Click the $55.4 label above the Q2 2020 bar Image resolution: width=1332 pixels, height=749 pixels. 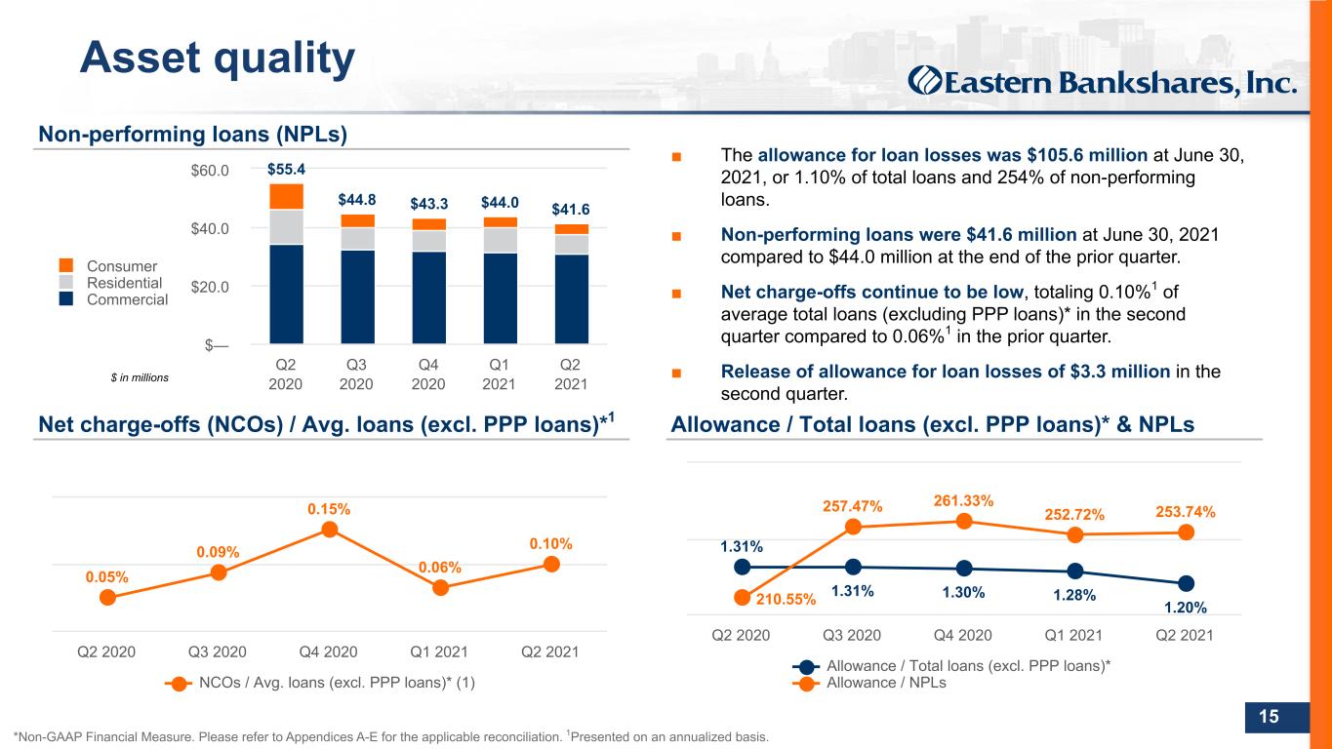click(x=286, y=170)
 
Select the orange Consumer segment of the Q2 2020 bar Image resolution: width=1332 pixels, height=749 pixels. click(x=286, y=197)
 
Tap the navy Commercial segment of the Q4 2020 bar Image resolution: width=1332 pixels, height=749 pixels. click(x=428, y=297)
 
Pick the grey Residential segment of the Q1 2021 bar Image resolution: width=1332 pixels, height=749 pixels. click(x=500, y=240)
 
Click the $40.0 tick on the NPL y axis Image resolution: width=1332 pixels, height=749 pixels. click(x=209, y=228)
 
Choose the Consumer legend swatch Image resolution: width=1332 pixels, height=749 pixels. click(x=66, y=265)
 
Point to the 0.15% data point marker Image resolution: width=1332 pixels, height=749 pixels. click(x=330, y=529)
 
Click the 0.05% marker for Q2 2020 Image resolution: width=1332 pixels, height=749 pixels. click(x=107, y=598)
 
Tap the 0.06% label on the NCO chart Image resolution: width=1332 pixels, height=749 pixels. click(x=440, y=567)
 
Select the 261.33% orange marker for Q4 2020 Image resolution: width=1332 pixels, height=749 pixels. click(x=964, y=522)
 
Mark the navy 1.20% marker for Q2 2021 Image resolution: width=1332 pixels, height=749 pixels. click(x=1186, y=583)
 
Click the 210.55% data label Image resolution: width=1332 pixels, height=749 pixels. click(x=787, y=599)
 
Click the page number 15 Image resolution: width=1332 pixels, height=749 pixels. click(x=1269, y=716)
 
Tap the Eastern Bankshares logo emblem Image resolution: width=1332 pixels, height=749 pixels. click(x=924, y=81)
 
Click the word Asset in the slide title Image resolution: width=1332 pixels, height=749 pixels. click(x=140, y=58)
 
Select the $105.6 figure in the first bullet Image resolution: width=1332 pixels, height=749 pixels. click(x=1057, y=155)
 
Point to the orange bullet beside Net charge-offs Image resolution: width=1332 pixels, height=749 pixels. click(x=676, y=293)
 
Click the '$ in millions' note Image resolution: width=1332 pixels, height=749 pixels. click(x=140, y=377)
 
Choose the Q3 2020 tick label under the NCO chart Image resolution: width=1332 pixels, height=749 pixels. click(x=217, y=652)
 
